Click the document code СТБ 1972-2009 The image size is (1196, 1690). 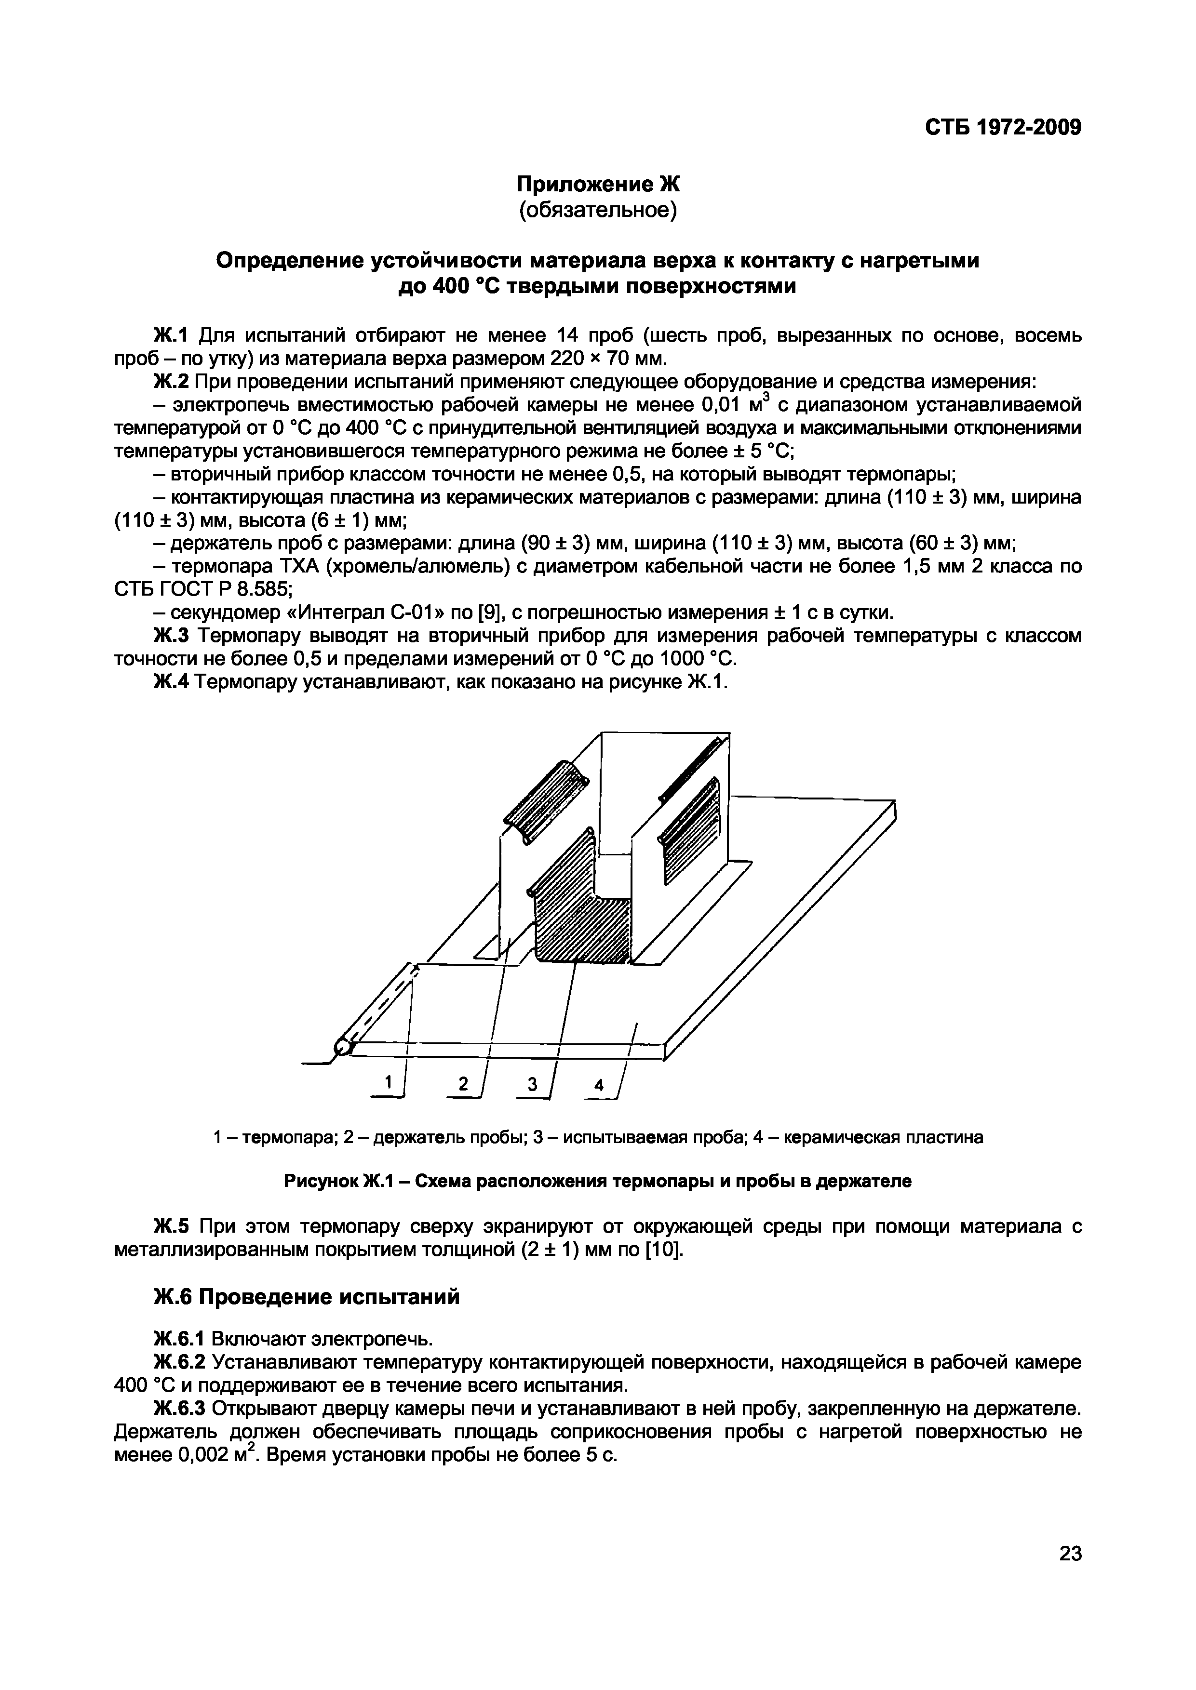pos(1002,127)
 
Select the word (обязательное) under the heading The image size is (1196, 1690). pos(596,211)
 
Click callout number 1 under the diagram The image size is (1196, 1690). pos(390,1081)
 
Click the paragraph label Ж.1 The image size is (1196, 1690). pos(171,336)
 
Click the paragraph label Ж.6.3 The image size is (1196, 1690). pos(180,1408)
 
